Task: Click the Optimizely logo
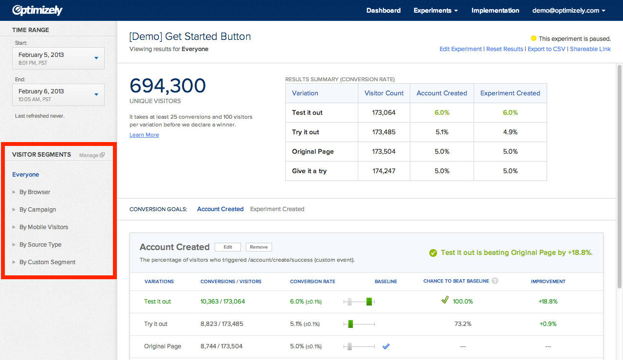[x=37, y=10]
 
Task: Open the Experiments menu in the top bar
[x=435, y=10]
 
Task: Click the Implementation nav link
[x=495, y=10]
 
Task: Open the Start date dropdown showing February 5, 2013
[x=58, y=58]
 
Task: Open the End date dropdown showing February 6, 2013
[x=58, y=94]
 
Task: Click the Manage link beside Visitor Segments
[x=92, y=155]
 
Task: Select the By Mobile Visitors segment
[x=43, y=227]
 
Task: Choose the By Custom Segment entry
[x=47, y=262]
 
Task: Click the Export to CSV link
[x=546, y=49]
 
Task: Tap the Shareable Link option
[x=590, y=49]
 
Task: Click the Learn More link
[x=144, y=135]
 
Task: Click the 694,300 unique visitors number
[x=167, y=86]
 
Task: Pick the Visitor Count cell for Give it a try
[x=384, y=171]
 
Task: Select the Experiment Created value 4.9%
[x=510, y=132]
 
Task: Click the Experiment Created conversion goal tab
[x=277, y=209]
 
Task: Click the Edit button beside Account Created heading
[x=227, y=247]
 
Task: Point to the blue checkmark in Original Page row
[x=386, y=346]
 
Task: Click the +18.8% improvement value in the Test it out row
[x=548, y=302]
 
